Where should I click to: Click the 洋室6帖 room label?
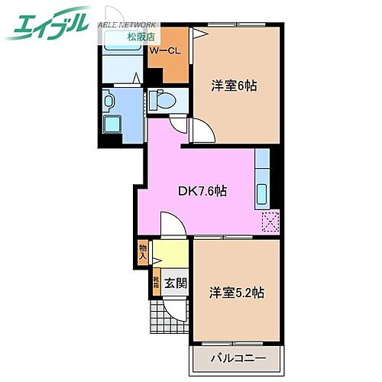(234, 86)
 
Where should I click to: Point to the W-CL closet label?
(164, 51)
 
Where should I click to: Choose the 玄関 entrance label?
(176, 283)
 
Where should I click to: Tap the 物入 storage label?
(143, 251)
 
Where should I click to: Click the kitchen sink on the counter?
(263, 195)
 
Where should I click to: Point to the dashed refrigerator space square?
(270, 222)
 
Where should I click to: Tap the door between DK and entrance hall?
(171, 225)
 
